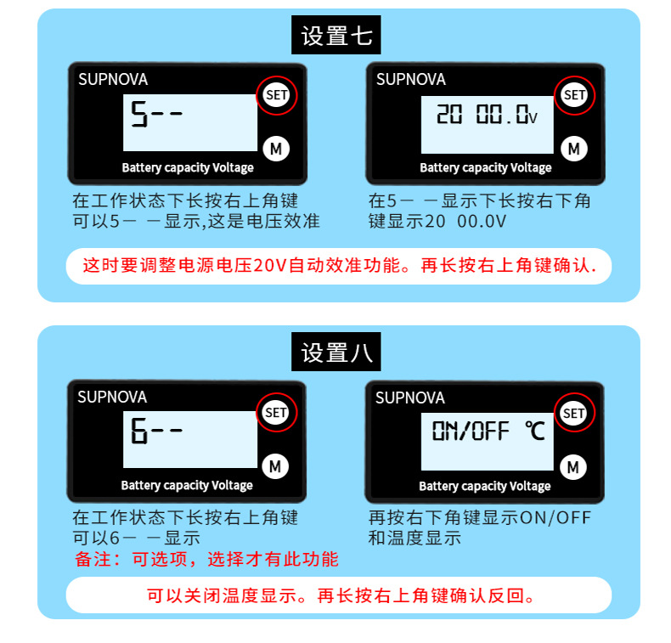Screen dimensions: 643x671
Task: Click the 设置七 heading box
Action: tap(336, 37)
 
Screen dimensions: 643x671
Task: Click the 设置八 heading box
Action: tap(336, 353)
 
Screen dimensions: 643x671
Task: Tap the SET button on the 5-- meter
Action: tap(277, 95)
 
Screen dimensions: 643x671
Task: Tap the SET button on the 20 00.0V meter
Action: tap(575, 95)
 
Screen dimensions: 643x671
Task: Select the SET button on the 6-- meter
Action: tap(276, 413)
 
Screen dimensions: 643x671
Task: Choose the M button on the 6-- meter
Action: tap(275, 465)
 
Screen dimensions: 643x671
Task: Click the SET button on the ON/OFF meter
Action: tap(574, 414)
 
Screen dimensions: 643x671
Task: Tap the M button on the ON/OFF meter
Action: tap(573, 466)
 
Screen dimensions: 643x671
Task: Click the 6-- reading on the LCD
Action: tap(156, 432)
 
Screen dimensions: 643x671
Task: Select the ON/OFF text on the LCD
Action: tap(470, 431)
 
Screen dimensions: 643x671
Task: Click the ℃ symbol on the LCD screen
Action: tap(534, 431)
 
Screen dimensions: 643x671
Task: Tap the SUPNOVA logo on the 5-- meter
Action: tap(113, 79)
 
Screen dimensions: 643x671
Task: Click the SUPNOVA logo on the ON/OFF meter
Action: tap(410, 397)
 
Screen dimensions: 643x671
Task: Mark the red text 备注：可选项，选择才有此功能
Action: tap(206, 559)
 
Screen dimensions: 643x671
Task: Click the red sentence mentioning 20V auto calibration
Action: tap(339, 266)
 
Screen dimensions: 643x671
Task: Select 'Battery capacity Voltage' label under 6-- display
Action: tap(187, 486)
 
